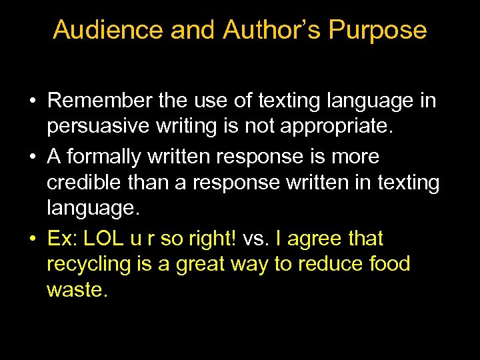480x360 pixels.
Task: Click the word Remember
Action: (99, 101)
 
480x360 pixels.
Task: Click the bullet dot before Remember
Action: (32, 101)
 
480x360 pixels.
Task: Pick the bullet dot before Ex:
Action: (32, 239)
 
